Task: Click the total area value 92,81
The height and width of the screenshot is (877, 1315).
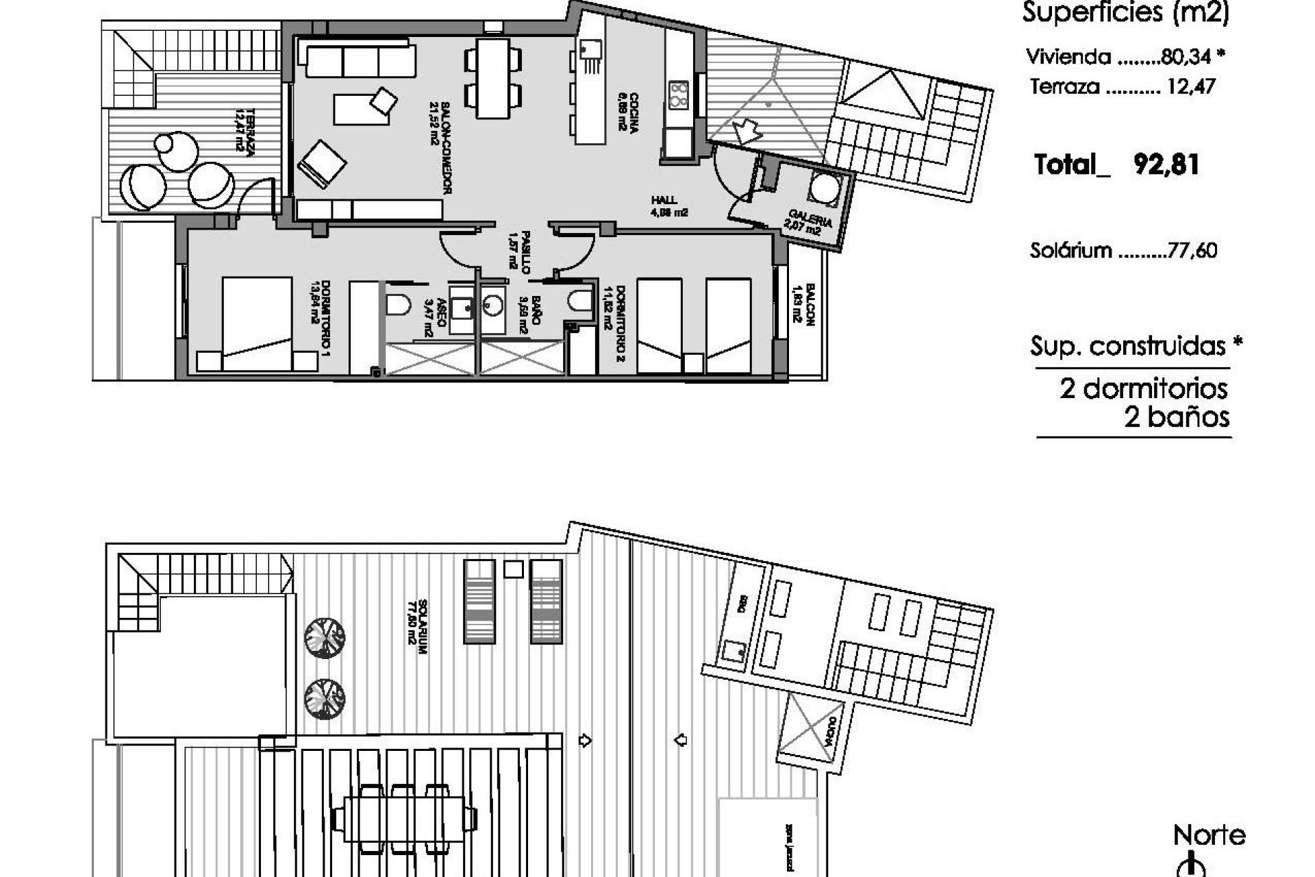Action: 1166,165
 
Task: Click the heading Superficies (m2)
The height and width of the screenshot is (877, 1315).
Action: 1125,12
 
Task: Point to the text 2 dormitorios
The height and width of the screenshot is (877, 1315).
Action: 1144,388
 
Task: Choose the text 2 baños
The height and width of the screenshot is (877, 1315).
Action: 1177,417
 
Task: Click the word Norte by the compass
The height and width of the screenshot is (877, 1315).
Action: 1209,835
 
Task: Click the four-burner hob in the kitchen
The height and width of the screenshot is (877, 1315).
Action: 678,95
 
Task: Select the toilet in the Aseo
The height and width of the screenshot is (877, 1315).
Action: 397,304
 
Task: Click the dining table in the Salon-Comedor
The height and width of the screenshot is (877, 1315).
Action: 493,78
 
